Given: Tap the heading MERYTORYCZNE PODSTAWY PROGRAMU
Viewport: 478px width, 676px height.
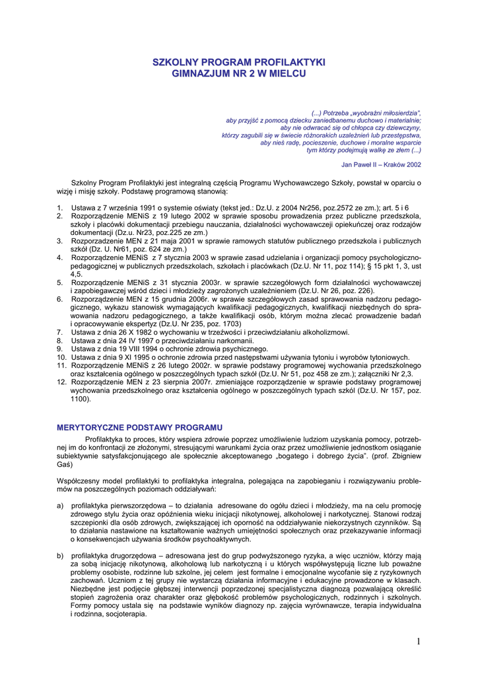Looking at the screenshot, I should (139, 428).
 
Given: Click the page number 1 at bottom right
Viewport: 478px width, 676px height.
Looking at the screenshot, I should (419, 642).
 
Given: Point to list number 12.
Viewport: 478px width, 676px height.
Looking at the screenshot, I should (61, 382).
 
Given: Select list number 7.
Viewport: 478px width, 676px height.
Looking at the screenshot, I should (59, 332).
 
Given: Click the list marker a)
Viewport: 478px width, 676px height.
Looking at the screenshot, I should (60, 506).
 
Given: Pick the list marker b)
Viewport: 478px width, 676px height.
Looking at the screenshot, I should (60, 556).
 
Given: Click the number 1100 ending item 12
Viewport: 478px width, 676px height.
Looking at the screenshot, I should (80, 399).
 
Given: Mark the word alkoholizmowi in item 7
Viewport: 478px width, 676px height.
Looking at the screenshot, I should (327, 332).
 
